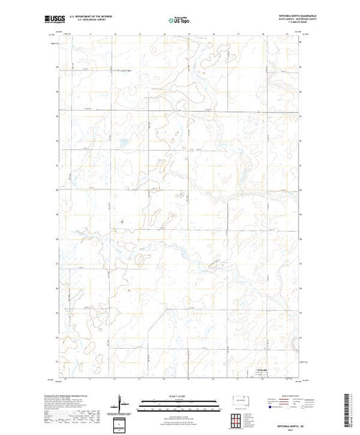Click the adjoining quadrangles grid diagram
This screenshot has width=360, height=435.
pyautogui.click(x=235, y=419)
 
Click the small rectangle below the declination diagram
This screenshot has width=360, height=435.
pyautogui.click(x=122, y=423)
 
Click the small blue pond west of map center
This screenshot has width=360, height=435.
pyautogui.click(x=122, y=222)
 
